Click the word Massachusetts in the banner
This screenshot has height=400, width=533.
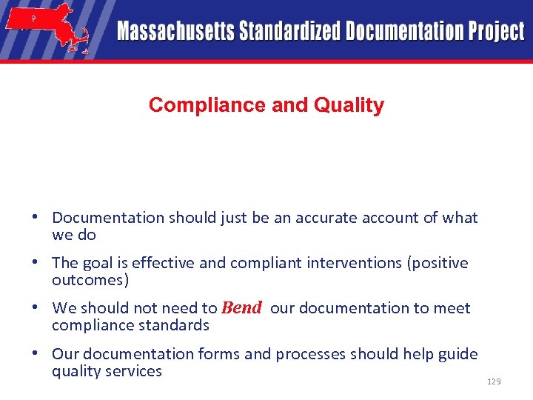pos(175,31)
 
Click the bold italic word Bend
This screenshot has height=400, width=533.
pos(241,308)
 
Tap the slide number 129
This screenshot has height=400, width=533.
pos(494,381)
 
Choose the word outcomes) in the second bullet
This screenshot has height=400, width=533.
pos(90,281)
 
